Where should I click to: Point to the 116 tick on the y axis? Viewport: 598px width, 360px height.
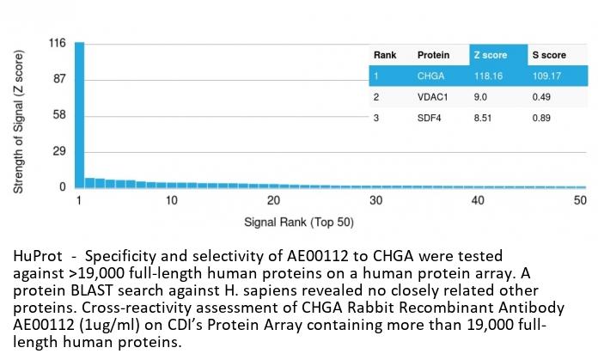(57, 43)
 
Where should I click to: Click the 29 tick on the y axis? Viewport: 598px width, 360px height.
(58, 151)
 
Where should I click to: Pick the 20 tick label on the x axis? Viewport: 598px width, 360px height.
(274, 200)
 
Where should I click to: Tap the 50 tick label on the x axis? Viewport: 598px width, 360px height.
(580, 200)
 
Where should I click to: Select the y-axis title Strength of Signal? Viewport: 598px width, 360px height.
(19, 120)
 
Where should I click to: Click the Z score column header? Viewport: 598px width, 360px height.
(491, 55)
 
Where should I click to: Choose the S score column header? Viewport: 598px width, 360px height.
(547, 55)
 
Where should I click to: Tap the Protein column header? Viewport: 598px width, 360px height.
(433, 55)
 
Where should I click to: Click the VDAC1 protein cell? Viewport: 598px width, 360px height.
(433, 97)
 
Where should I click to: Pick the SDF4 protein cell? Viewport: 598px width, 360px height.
(430, 118)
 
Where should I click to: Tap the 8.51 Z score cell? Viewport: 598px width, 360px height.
(484, 118)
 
